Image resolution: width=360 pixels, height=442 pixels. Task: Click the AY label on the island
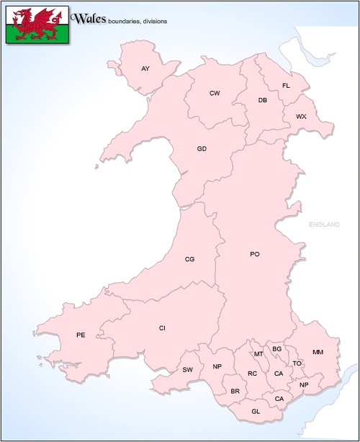pos(145,68)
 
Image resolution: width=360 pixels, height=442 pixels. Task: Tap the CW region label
pos(215,94)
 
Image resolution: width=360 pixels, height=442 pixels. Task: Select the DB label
pos(263,100)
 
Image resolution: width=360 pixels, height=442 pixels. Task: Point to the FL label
pos(286,86)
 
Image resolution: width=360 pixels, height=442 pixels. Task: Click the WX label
pos(301,116)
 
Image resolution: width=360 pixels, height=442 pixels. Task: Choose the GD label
pos(202,149)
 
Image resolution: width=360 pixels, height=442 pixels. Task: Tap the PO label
pos(254,254)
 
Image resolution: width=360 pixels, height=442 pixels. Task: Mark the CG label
pos(189,259)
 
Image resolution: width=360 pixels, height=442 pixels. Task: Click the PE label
pos(81,335)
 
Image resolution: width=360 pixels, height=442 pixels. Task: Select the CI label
pos(162,328)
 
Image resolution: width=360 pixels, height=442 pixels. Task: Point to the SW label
pos(188,370)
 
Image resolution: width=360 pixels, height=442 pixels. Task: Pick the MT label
pos(258,354)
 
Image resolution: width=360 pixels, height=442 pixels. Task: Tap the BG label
pos(276,349)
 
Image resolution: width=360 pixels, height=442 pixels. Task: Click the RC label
pos(252,374)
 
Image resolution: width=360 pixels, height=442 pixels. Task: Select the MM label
pos(318,352)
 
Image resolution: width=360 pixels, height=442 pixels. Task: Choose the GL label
pos(256,411)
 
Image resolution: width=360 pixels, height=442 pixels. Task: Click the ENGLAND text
pos(323,225)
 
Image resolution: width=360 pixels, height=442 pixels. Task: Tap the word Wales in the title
pos(90,17)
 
